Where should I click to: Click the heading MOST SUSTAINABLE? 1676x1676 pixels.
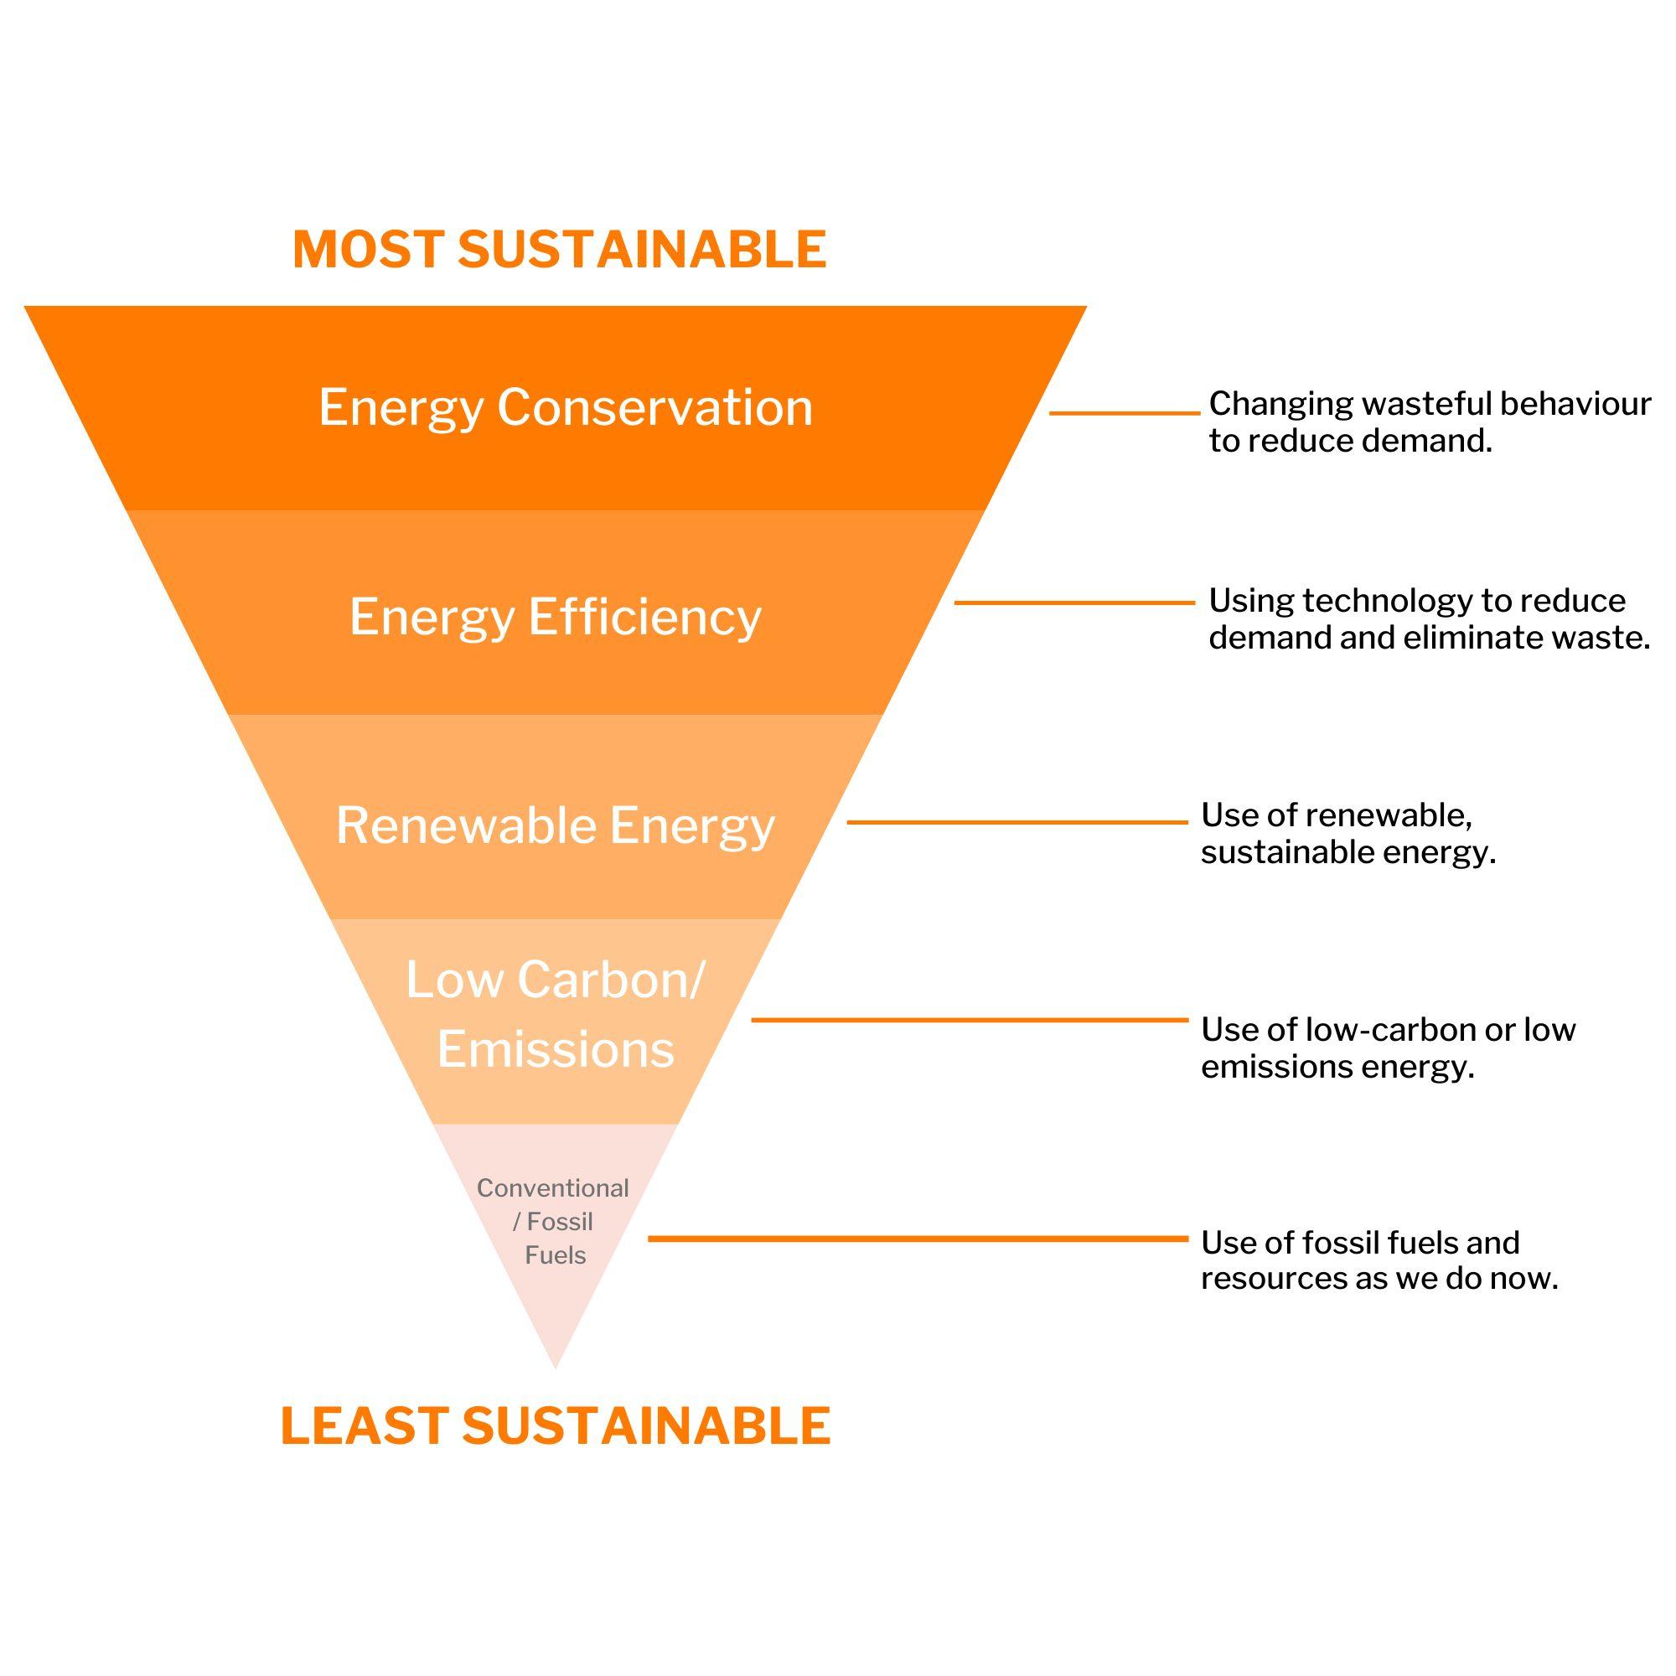(560, 250)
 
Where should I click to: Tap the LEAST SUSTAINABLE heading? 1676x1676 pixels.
(556, 1426)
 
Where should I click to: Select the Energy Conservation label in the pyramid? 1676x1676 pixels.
(566, 407)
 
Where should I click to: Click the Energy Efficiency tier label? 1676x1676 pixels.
(556, 617)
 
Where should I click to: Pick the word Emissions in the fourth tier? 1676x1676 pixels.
(556, 1049)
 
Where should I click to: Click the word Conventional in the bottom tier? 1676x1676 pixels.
(552, 1187)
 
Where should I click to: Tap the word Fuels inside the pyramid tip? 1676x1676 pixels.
(556, 1255)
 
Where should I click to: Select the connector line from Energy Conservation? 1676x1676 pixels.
(1125, 414)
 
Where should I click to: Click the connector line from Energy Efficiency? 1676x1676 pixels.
(1074, 602)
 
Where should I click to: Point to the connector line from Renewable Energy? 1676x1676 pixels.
(1016, 821)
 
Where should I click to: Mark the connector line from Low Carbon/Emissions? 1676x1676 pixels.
(969, 1020)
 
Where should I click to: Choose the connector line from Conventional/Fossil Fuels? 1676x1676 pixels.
(918, 1239)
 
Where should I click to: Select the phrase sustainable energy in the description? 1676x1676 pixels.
(1348, 853)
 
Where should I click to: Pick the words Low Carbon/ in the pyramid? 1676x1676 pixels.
(556, 980)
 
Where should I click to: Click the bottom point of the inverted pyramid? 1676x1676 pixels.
(556, 1366)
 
